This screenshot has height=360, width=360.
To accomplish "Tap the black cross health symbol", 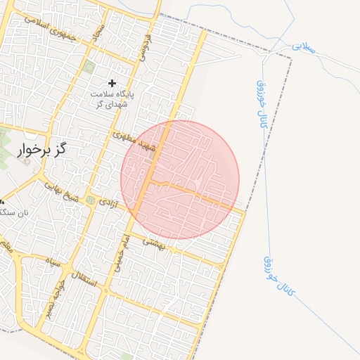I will pos(112,83).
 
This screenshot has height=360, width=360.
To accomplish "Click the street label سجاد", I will pos(100,32).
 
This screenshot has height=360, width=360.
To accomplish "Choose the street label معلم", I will pos(7,246).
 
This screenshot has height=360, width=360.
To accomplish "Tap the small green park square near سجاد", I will pos(89,67).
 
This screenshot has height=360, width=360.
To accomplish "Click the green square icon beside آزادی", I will pos(91,201).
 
